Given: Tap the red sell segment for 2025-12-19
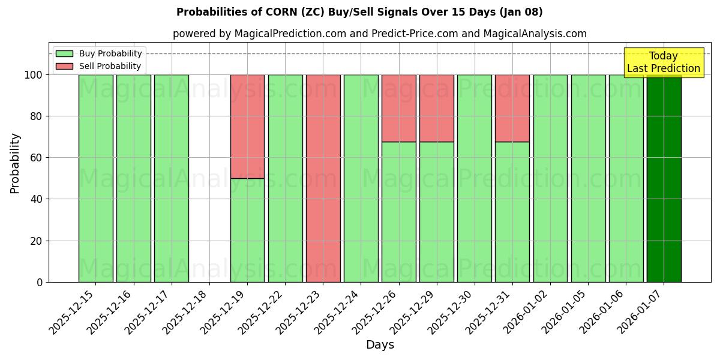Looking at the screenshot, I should (x=247, y=127).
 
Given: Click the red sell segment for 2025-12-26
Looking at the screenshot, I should (x=398, y=108).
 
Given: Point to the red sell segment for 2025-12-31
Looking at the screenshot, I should (x=512, y=108).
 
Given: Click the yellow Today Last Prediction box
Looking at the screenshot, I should (x=663, y=62).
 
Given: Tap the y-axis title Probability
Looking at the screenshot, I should (x=15, y=163).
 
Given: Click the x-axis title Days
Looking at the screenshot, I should (x=380, y=345).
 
